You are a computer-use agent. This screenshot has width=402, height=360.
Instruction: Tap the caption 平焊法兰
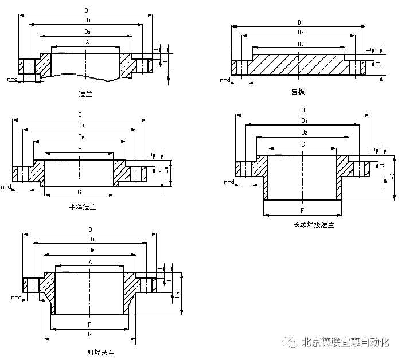83,206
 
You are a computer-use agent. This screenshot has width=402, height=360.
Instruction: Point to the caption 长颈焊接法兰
313,225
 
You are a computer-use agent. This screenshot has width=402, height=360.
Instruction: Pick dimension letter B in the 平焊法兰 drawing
80,149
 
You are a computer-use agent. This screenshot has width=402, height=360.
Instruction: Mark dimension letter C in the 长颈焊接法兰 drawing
302,144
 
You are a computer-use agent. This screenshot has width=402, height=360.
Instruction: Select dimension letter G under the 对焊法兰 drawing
89,334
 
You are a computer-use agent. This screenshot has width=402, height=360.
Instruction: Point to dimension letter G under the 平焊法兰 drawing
79,191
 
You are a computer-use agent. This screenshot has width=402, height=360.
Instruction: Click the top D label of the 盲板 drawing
299,22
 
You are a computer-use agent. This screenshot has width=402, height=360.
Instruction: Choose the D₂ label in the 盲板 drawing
300,44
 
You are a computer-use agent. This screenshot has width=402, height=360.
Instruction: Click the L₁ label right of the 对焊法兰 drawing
177,294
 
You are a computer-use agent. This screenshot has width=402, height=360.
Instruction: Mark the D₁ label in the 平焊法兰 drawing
81,125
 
